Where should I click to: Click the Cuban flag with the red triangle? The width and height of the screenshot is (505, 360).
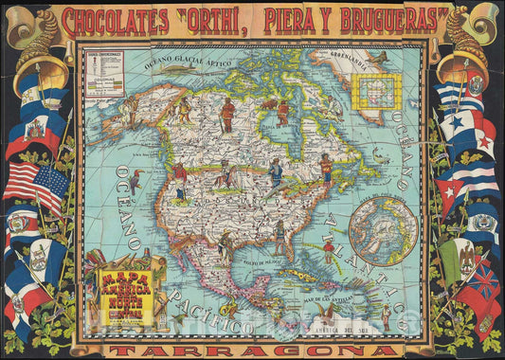click(x=463, y=190)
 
